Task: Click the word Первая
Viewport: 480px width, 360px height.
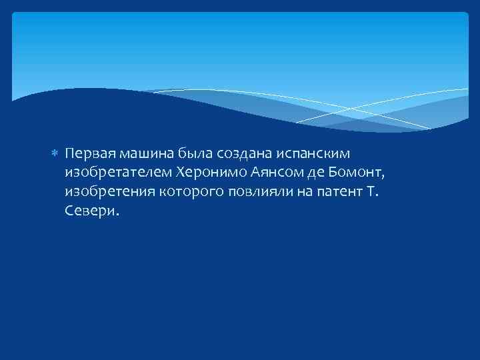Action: (x=87, y=154)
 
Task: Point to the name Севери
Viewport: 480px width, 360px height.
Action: (x=92, y=211)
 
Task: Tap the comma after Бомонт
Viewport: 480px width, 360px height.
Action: (x=384, y=177)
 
